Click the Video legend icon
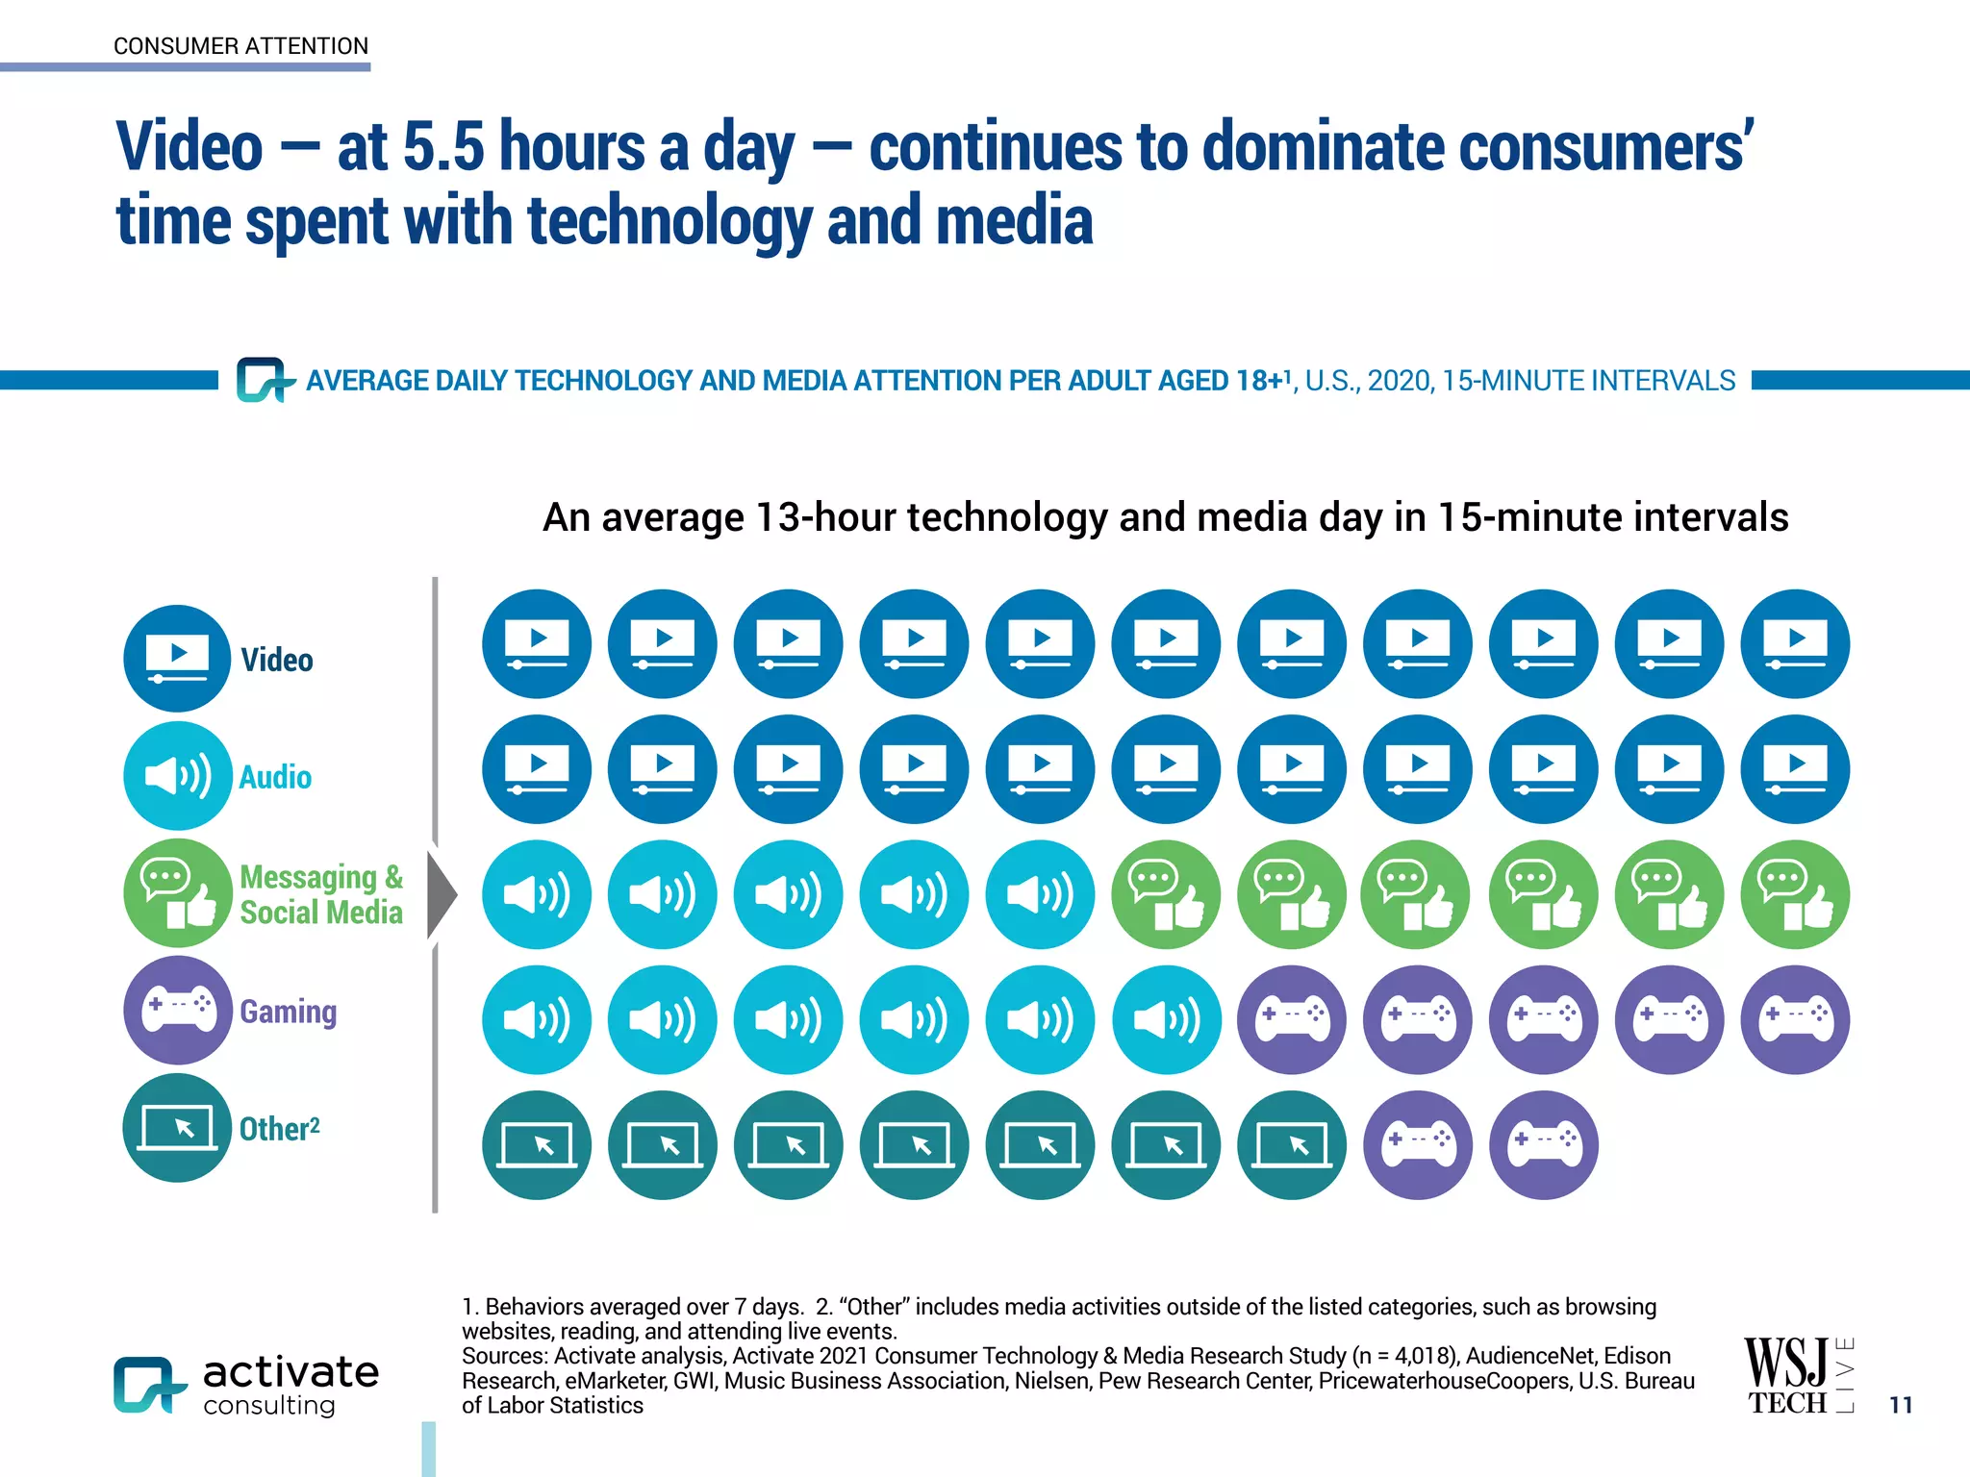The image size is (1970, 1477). tap(177, 659)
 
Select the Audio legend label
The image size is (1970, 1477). tap(275, 777)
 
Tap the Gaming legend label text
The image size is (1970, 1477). tap(288, 1012)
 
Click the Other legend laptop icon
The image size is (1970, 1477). tap(177, 1128)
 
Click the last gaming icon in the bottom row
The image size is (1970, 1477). tap(1543, 1145)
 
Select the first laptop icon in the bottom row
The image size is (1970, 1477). tap(537, 1145)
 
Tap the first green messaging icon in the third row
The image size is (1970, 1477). tap(1166, 894)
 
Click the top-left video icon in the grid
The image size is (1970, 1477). tap(537, 643)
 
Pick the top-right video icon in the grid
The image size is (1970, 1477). tap(1795, 643)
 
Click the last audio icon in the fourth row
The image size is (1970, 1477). tap(1166, 1019)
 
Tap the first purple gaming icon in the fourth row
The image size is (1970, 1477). tap(1292, 1019)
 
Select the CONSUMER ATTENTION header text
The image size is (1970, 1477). tap(240, 46)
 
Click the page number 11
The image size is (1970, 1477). tap(1901, 1405)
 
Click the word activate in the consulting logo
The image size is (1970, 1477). tap(290, 1372)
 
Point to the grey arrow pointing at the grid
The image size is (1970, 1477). tap(442, 894)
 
